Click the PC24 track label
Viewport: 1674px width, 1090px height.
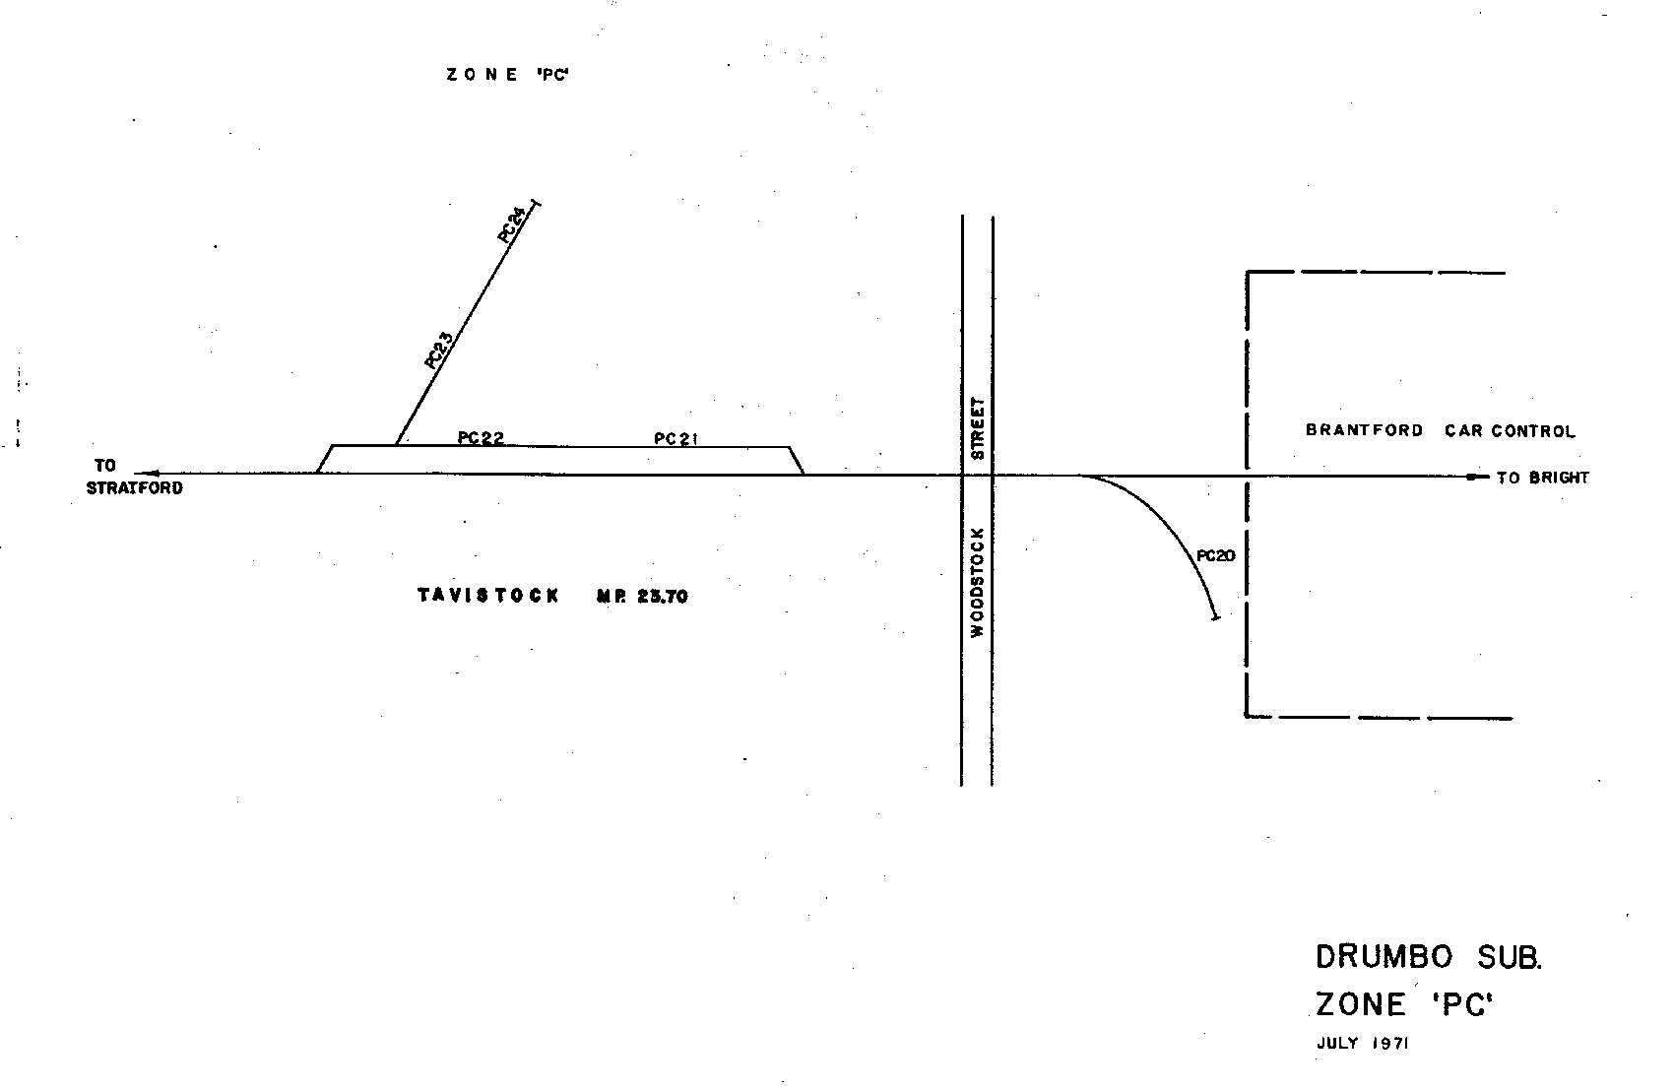(x=512, y=224)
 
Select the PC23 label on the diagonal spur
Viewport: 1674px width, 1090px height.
(x=438, y=351)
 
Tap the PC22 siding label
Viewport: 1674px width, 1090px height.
(x=482, y=438)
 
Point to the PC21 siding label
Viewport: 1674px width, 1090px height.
(x=676, y=438)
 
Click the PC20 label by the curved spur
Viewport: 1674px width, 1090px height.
(x=1216, y=556)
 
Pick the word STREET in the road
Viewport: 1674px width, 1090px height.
(x=978, y=428)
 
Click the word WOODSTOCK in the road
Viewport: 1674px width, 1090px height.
(x=978, y=583)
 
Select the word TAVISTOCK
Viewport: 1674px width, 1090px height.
(x=488, y=596)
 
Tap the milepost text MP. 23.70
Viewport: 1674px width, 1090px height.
(x=642, y=596)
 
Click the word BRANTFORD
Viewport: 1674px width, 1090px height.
(x=1365, y=430)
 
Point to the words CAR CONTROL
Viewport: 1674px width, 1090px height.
(x=1510, y=431)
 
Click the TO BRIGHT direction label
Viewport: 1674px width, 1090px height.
(x=1542, y=479)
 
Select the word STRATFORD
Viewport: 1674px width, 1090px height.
(x=135, y=487)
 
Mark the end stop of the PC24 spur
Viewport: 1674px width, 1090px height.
(x=536, y=203)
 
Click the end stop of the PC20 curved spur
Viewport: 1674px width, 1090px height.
(x=1215, y=617)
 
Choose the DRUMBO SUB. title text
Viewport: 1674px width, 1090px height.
(x=1429, y=957)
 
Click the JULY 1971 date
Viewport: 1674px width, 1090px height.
(x=1362, y=1044)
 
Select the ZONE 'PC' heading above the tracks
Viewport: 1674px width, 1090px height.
(x=508, y=75)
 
